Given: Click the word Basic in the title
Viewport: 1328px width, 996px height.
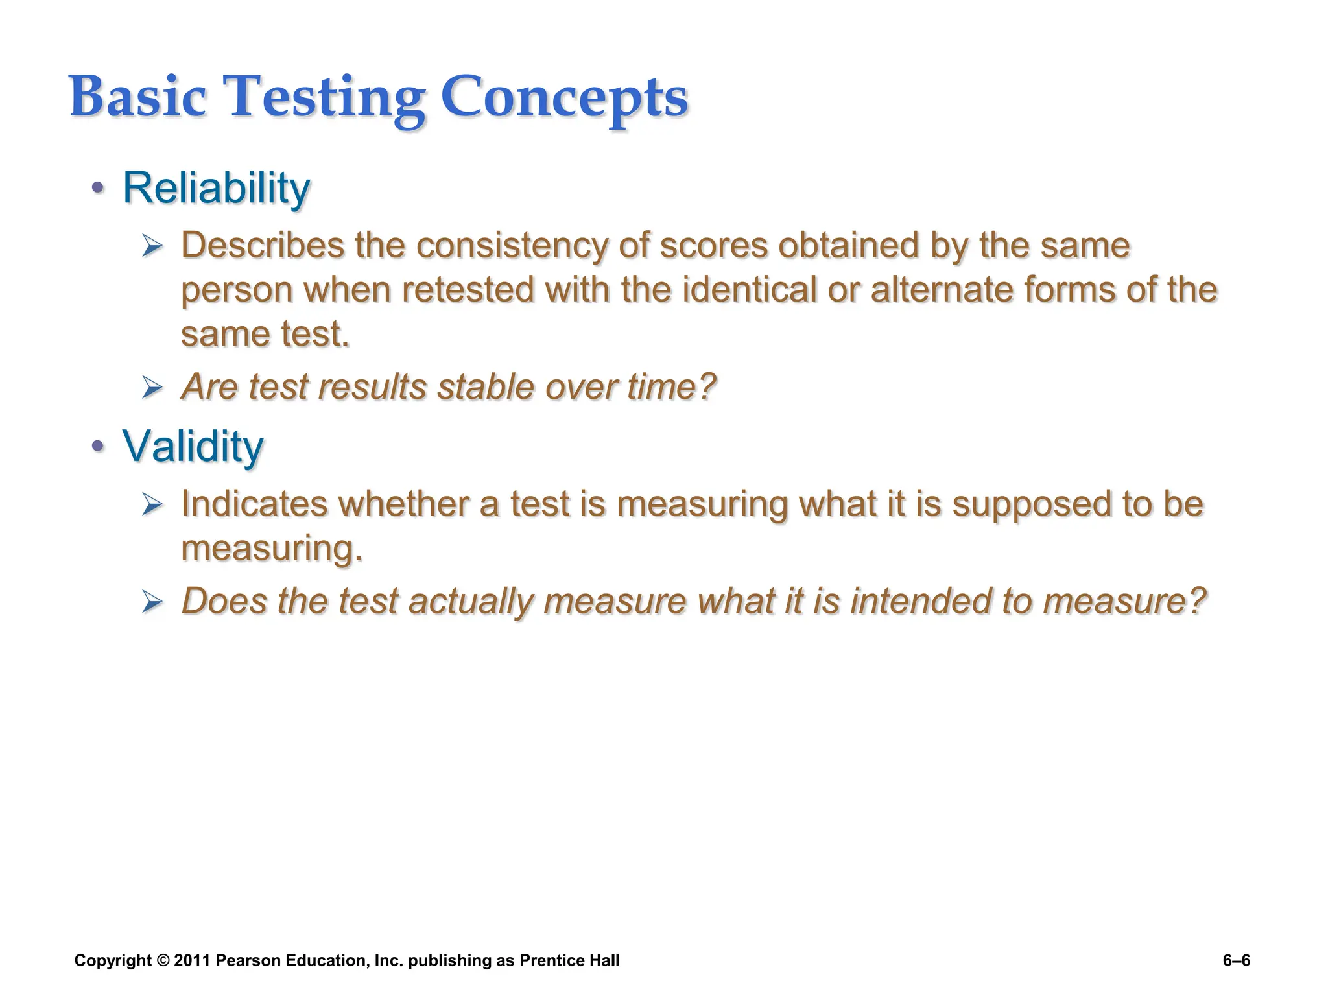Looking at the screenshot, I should click(x=137, y=97).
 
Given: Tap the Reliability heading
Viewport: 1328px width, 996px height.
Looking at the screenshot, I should click(x=217, y=188).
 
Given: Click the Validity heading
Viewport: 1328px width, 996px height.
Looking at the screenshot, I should click(x=193, y=447).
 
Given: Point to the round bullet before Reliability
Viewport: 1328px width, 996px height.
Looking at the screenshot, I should click(x=97, y=188).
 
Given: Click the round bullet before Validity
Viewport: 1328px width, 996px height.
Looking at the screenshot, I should click(x=97, y=445).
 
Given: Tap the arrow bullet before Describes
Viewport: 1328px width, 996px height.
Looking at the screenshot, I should click(x=152, y=246).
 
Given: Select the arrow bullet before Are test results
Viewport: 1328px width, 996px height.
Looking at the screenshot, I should click(x=152, y=388).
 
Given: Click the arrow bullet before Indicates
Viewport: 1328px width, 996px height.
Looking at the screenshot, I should click(x=152, y=504).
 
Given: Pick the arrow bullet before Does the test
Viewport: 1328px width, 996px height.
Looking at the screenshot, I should click(x=152, y=602).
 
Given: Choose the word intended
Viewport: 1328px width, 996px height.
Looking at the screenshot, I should click(x=920, y=601).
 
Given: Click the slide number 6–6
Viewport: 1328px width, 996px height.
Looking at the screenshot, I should click(x=1236, y=960).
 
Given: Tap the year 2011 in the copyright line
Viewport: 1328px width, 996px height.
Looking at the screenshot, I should click(x=192, y=960).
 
